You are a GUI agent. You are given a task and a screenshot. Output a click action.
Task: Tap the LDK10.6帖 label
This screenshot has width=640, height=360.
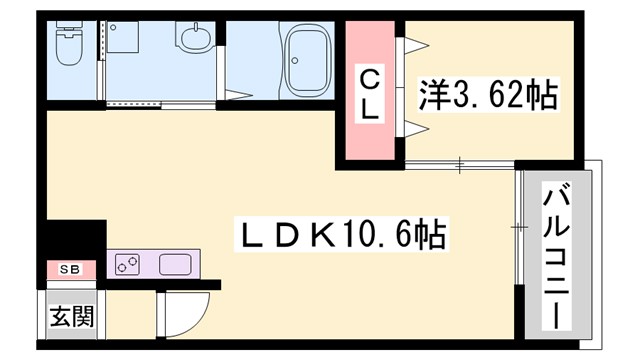click(x=339, y=236)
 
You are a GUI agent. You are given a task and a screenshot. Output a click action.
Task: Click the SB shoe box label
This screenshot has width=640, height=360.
click(x=69, y=269)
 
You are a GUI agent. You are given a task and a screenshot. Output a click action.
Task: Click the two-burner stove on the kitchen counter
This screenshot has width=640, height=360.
click(x=128, y=265)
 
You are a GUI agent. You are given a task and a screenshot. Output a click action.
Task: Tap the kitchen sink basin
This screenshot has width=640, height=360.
click(x=173, y=265)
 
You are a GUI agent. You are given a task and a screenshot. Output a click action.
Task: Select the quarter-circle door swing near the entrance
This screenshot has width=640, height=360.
click(x=186, y=311)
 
